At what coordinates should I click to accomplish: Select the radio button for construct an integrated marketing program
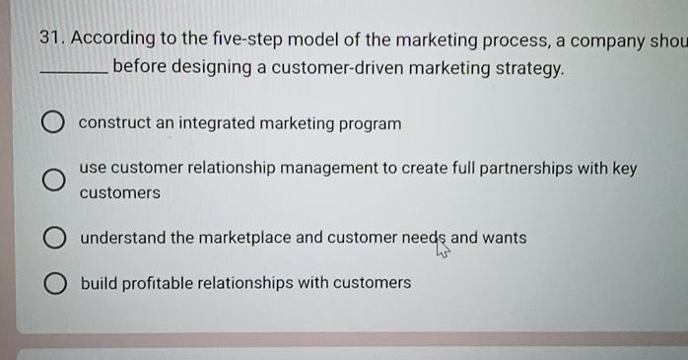53,123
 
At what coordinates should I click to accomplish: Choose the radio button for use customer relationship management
53,180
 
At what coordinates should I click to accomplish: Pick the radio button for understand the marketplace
53,239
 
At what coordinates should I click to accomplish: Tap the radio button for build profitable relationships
53,284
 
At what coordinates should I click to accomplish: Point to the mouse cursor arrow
442,250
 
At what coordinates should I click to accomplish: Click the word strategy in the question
531,69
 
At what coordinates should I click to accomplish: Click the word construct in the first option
113,123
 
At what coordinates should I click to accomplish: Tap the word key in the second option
625,169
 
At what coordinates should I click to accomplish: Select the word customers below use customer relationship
119,193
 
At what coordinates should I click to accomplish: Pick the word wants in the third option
504,238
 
